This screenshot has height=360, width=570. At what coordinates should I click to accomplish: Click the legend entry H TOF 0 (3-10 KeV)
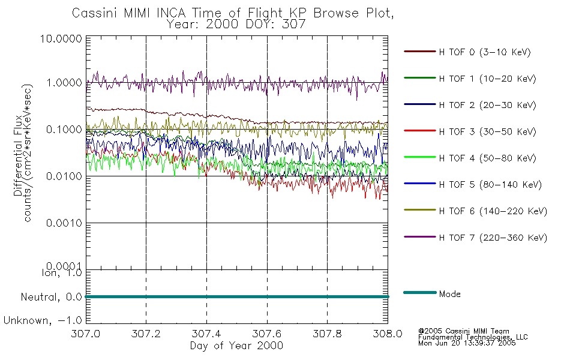click(485, 53)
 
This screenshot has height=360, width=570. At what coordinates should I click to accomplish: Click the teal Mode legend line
click(419, 292)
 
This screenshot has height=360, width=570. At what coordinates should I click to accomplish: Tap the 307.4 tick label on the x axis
click(207, 333)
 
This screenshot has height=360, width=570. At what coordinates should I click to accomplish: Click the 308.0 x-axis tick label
click(388, 333)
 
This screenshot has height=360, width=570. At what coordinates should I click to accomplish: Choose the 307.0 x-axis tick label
click(86, 333)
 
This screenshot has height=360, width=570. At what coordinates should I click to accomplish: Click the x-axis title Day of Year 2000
click(236, 346)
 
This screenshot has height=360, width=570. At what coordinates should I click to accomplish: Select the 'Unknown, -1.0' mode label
click(43, 320)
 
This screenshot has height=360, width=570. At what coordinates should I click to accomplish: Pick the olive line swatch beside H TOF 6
click(419, 211)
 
